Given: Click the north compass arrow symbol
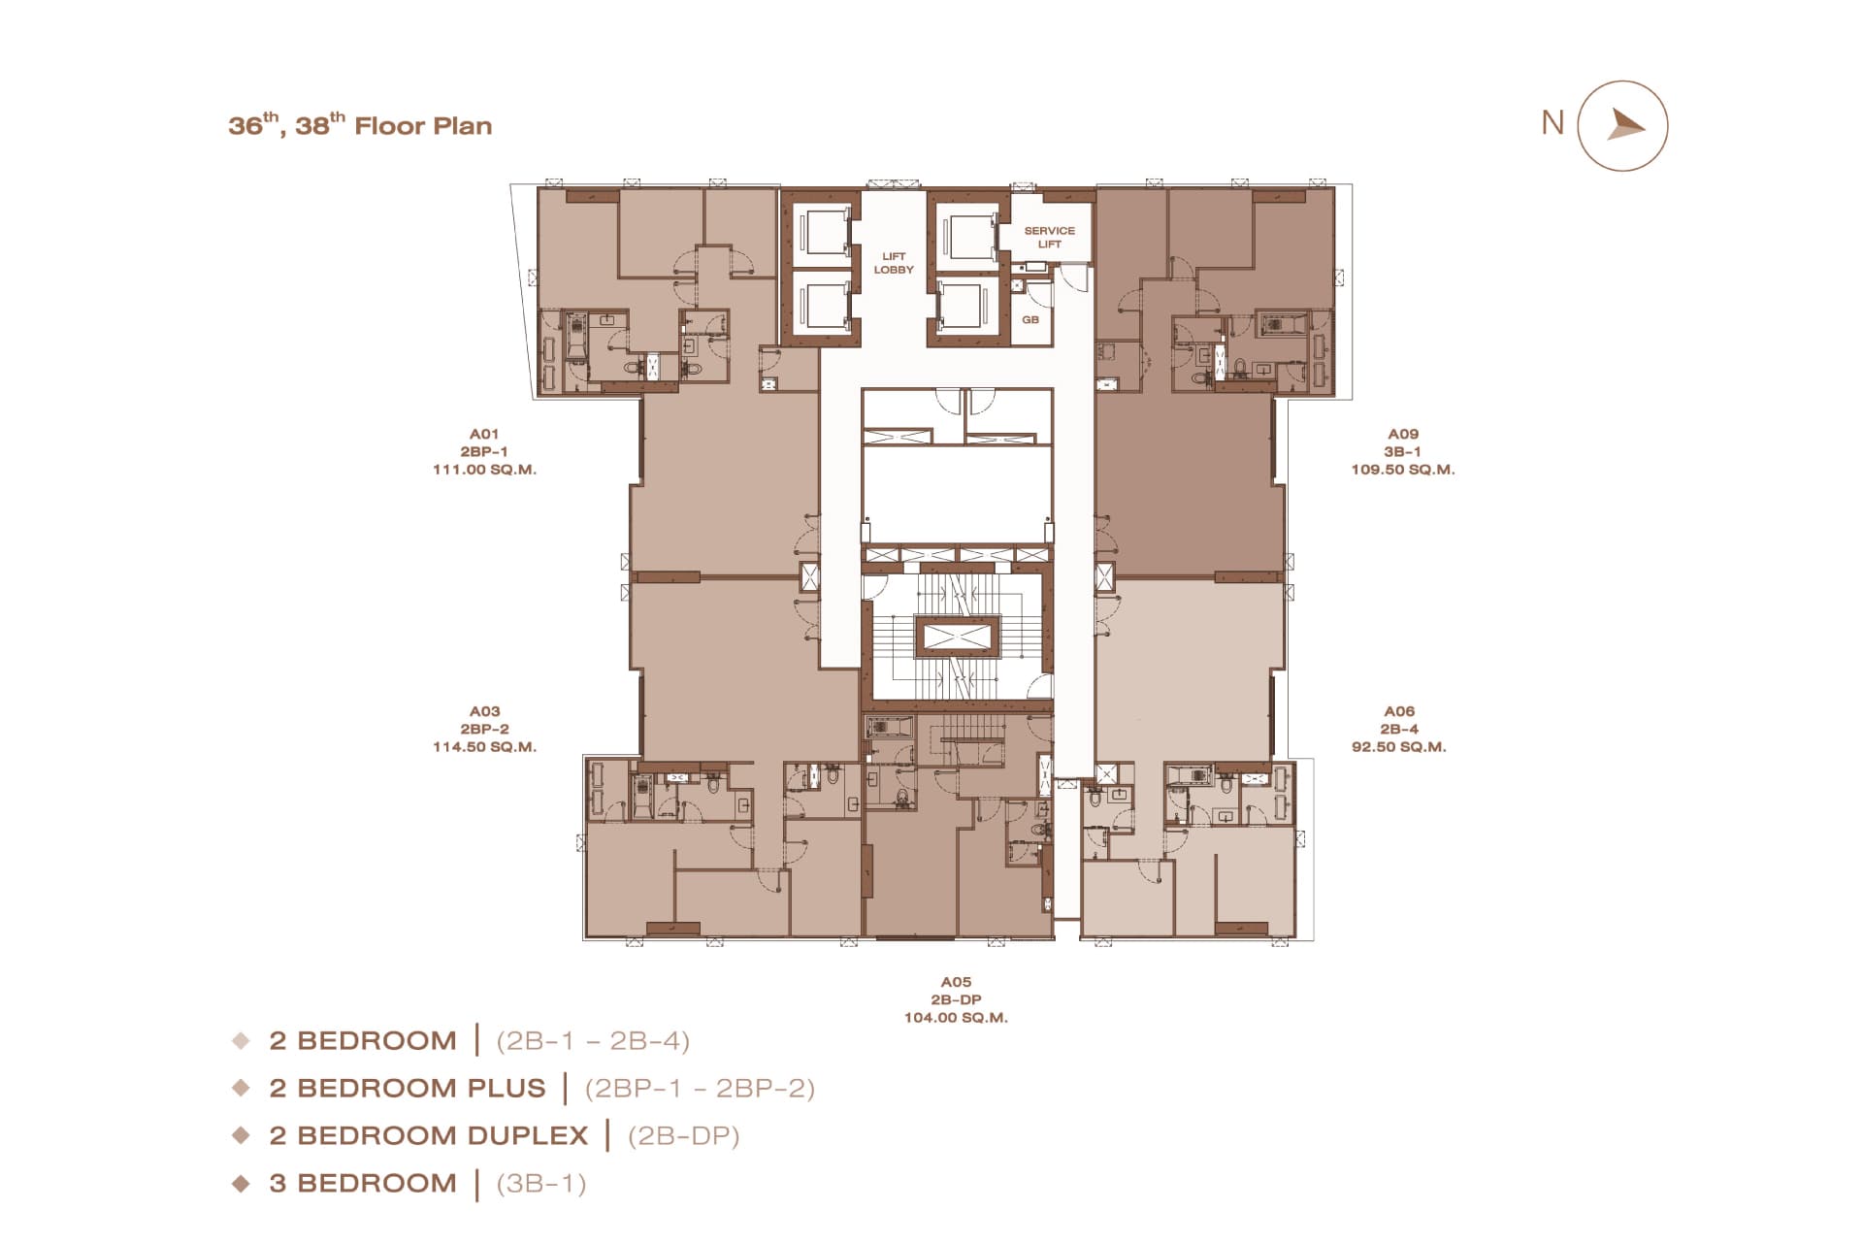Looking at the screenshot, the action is pyautogui.click(x=1623, y=126).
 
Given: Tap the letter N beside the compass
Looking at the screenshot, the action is pyautogui.click(x=1552, y=123).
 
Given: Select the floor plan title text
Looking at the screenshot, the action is pyautogui.click(x=360, y=125).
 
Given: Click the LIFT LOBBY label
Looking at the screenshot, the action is pyautogui.click(x=894, y=263).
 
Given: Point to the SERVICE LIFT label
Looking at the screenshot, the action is pyautogui.click(x=1050, y=238).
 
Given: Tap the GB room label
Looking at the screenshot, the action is pyautogui.click(x=1030, y=319).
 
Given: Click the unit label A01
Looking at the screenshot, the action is pyautogui.click(x=484, y=434).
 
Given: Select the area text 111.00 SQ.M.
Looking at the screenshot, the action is pyautogui.click(x=484, y=470).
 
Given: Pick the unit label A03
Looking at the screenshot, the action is pyautogui.click(x=484, y=711).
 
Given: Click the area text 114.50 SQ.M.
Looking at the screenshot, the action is pyautogui.click(x=484, y=747).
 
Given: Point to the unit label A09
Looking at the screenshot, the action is pyautogui.click(x=1403, y=434).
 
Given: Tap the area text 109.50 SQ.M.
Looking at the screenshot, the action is pyautogui.click(x=1403, y=470).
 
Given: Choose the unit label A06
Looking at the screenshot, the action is pyautogui.click(x=1399, y=711).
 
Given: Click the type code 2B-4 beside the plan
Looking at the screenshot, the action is pyautogui.click(x=1399, y=729).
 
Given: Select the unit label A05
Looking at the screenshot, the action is pyautogui.click(x=956, y=982).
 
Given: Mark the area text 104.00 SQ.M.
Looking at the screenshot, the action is pyautogui.click(x=956, y=1018).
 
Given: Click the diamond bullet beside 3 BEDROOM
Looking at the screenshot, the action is pyautogui.click(x=241, y=1183).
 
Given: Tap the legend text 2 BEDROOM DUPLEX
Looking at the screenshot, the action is pyautogui.click(x=429, y=1135).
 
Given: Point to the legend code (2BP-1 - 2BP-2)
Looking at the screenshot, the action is pyautogui.click(x=700, y=1088).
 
